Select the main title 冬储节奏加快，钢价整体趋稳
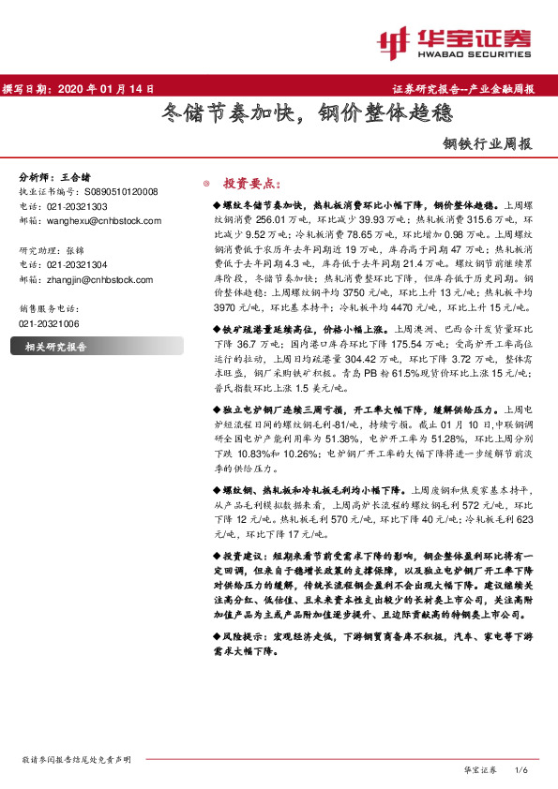coord(278,116)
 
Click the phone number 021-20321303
coord(78,205)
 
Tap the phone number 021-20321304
coord(78,265)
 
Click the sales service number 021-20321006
coord(50,321)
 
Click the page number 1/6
coord(522,770)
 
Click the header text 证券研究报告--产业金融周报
coord(462,89)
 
